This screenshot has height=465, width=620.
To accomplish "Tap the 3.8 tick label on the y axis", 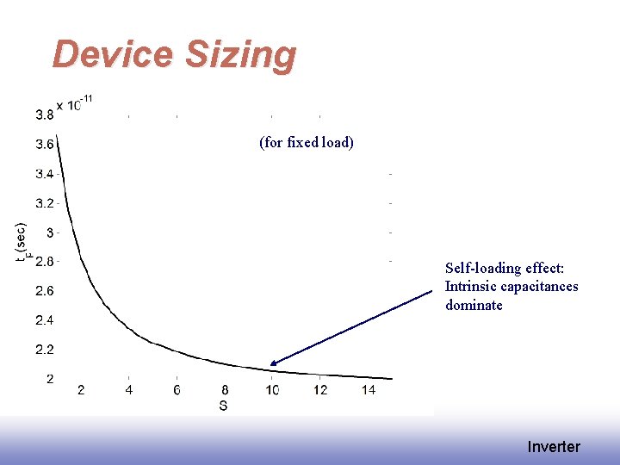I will (44, 115).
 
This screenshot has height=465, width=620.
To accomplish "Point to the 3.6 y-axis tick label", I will (44, 144).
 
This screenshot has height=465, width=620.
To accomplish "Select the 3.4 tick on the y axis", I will (44, 174).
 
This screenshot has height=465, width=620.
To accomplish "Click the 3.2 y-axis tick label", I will (44, 203).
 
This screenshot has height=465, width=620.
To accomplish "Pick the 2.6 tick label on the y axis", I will (44, 291).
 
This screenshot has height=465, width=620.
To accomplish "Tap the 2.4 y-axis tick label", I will (44, 320).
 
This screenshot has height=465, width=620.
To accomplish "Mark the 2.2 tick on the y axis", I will (44, 350).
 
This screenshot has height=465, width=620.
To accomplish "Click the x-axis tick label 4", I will (129, 390).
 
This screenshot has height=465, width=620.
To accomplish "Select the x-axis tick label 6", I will (177, 390).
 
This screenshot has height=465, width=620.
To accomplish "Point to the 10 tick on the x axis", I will (272, 390).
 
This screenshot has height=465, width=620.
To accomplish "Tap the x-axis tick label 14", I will (368, 390).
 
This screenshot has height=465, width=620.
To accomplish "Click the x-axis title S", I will (223, 406).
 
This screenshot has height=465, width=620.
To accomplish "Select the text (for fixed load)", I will (307, 142).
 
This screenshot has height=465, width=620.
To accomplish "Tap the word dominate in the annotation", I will (474, 305).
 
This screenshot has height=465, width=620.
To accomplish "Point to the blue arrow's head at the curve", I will (272, 364).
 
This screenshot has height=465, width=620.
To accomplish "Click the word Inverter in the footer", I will (554, 446).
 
